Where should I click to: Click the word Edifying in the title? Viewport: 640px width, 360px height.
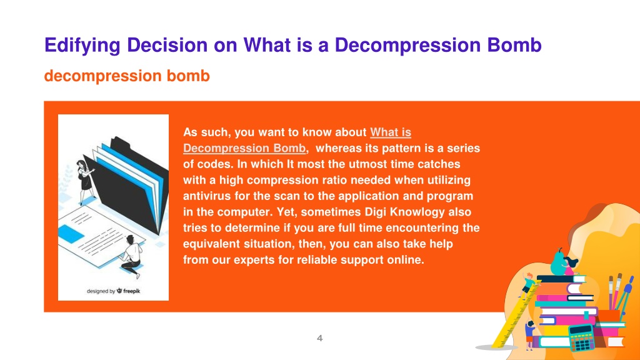click(x=82, y=46)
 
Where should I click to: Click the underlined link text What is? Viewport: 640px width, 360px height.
click(x=391, y=132)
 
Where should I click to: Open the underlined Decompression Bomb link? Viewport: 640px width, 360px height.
click(x=244, y=148)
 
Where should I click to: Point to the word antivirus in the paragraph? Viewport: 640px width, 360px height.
click(x=207, y=196)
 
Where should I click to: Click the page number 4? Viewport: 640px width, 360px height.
click(x=319, y=338)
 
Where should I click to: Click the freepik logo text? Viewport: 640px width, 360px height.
click(x=131, y=291)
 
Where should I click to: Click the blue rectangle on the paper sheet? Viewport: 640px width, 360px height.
click(x=71, y=234)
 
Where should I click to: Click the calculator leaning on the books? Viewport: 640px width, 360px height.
click(x=581, y=337)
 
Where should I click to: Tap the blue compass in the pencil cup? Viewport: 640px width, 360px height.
click(x=625, y=294)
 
